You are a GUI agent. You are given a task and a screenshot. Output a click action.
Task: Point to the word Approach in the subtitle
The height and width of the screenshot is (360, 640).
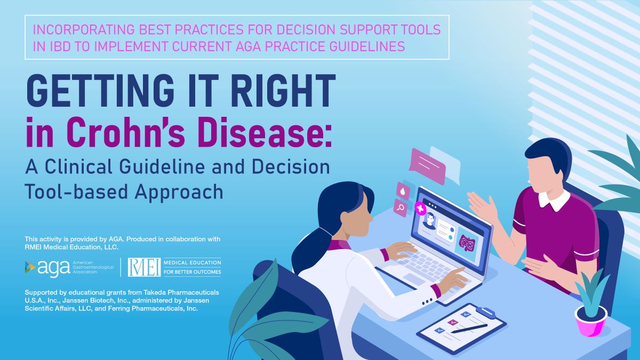point(179,193)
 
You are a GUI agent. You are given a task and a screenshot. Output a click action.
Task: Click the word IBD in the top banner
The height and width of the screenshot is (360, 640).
point(60,46)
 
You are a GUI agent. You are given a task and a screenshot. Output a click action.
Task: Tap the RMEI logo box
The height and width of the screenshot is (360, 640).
point(144,267)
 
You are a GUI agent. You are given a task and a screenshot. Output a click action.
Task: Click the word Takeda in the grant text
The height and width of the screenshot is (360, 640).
point(154,292)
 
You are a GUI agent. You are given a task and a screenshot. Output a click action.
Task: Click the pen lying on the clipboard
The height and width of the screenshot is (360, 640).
point(469,329)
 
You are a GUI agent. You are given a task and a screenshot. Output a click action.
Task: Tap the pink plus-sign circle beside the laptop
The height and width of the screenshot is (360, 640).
point(420,208)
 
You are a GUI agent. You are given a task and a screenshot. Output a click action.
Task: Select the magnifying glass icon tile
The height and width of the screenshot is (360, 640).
point(401,207)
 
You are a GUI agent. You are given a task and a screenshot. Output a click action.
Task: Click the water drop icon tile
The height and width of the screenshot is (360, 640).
point(403,191)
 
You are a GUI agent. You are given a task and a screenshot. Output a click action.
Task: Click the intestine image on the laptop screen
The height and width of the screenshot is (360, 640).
point(467,244)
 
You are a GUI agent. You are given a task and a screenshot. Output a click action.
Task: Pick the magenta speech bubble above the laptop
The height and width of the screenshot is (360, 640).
point(427,166)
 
